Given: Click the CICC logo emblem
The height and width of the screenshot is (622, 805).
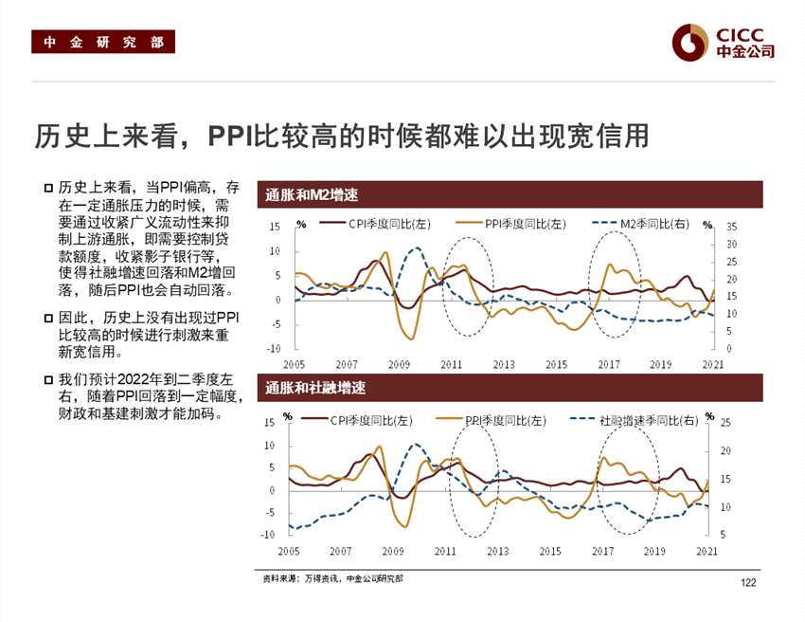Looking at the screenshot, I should pyautogui.click(x=689, y=41).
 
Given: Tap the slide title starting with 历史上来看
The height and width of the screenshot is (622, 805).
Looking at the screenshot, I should pyautogui.click(x=342, y=136).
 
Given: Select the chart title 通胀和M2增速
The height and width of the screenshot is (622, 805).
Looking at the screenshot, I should pyautogui.click(x=312, y=195).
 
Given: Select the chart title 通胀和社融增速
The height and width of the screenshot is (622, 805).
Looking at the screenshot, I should pyautogui.click(x=315, y=388).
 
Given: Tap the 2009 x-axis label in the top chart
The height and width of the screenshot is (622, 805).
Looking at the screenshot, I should pyautogui.click(x=398, y=364).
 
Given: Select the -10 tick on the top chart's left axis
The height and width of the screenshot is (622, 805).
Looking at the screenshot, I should pyautogui.click(x=275, y=348).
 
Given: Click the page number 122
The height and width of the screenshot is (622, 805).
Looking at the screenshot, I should pyautogui.click(x=749, y=583).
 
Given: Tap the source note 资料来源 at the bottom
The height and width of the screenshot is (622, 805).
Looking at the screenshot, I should pyautogui.click(x=331, y=577).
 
